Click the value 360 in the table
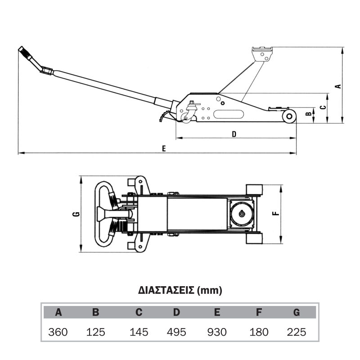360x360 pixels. click(x=58, y=332)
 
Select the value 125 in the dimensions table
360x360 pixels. click(x=95, y=332)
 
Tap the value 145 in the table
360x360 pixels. click(x=139, y=332)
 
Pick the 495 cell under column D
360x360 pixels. click(x=176, y=332)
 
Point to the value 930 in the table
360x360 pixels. click(x=217, y=332)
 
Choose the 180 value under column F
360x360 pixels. click(x=259, y=332)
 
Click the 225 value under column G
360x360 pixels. click(x=297, y=332)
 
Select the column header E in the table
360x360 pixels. click(x=217, y=312)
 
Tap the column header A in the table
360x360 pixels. click(x=58, y=312)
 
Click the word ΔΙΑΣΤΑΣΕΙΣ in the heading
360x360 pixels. click(x=166, y=290)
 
